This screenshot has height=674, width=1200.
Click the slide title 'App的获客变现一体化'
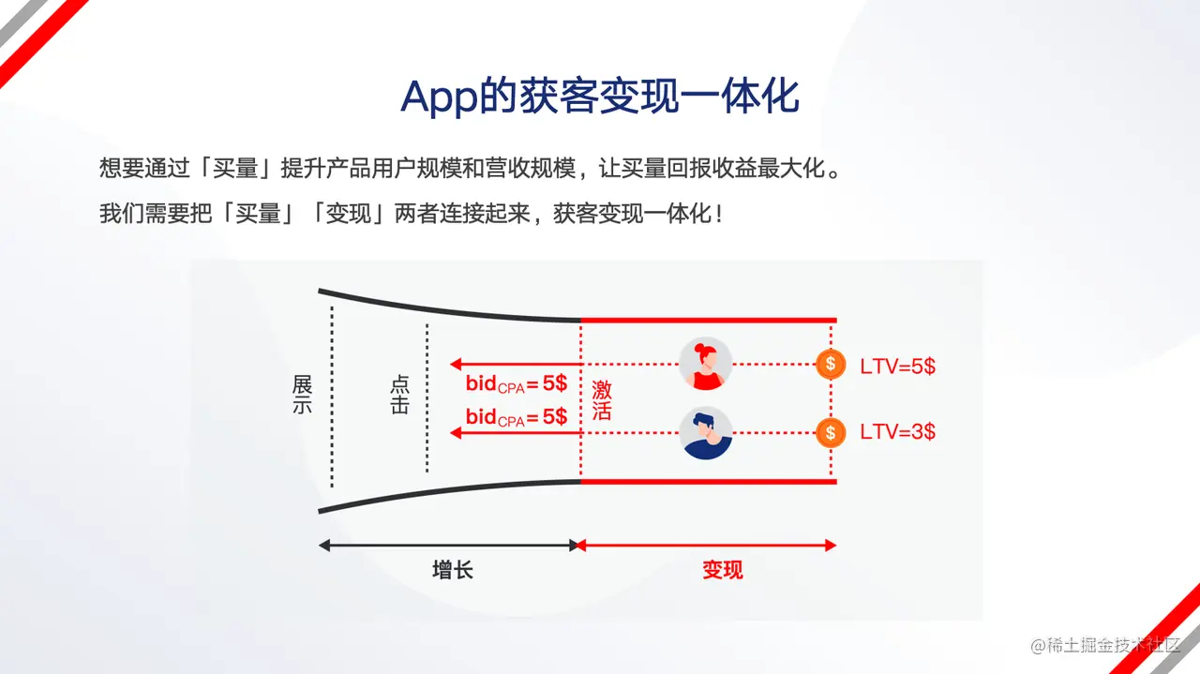599,97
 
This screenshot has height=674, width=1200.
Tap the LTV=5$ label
897,367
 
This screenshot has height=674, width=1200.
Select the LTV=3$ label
897,431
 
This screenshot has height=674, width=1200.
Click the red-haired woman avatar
705,364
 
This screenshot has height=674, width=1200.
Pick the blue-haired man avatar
705,433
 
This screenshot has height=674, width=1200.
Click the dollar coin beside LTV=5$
831,365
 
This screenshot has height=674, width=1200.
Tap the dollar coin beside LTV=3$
831,432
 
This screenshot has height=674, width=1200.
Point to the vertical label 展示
302,395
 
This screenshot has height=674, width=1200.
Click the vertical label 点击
399,395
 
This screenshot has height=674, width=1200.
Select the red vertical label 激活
602,400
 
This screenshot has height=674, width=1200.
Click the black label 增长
453,570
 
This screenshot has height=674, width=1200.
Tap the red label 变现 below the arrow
723,570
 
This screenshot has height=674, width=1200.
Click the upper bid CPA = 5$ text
517,383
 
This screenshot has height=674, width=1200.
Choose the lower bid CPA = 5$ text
517,417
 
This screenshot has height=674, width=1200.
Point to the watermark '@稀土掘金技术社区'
1105,645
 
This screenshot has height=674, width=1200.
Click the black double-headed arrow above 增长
448,546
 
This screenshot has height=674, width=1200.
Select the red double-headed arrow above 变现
707,546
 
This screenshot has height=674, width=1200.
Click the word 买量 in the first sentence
235,168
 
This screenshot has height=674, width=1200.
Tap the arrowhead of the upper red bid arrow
456,365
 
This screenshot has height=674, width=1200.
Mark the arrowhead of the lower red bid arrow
456,433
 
